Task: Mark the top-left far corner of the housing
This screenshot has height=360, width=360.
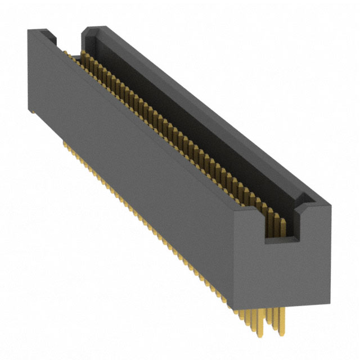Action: (28, 32)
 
